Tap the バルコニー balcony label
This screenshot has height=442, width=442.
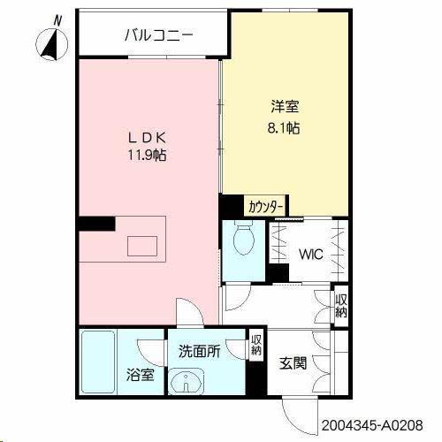[158, 35]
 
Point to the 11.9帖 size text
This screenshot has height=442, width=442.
[148, 155]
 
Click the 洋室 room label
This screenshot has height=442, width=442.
[285, 108]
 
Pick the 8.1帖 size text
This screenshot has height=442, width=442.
[285, 127]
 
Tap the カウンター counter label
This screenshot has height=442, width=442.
[265, 207]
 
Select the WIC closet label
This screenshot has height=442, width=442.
[309, 256]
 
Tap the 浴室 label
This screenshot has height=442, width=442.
[141, 374]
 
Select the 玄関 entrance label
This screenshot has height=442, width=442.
[293, 363]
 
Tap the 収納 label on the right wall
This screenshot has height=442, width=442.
[340, 304]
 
